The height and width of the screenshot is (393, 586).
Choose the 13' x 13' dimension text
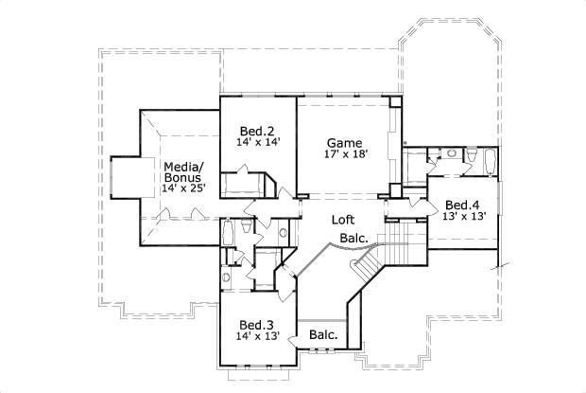[x=464, y=216]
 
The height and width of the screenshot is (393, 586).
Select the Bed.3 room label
[x=257, y=322]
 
